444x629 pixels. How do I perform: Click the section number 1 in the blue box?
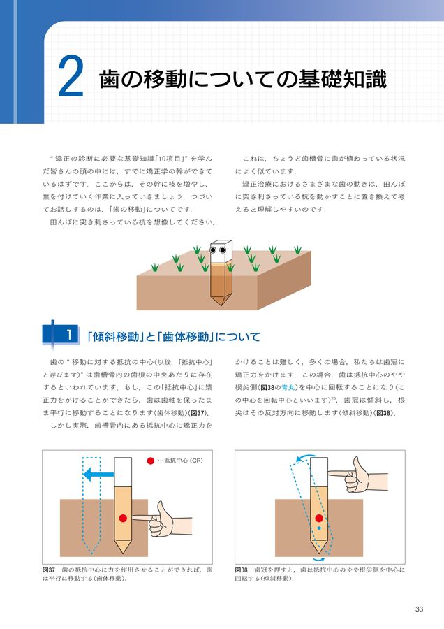(x=69, y=335)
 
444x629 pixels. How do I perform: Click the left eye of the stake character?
(x=214, y=250)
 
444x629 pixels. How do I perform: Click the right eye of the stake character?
(x=223, y=250)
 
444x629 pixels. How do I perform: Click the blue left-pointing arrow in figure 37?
(x=97, y=475)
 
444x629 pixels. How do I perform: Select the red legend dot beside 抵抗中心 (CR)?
(x=149, y=461)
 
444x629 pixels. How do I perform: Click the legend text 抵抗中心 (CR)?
(x=184, y=461)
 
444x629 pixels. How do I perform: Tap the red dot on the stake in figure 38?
(x=319, y=519)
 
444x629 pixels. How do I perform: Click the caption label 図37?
(x=50, y=570)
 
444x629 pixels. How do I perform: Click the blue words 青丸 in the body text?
(x=285, y=386)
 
